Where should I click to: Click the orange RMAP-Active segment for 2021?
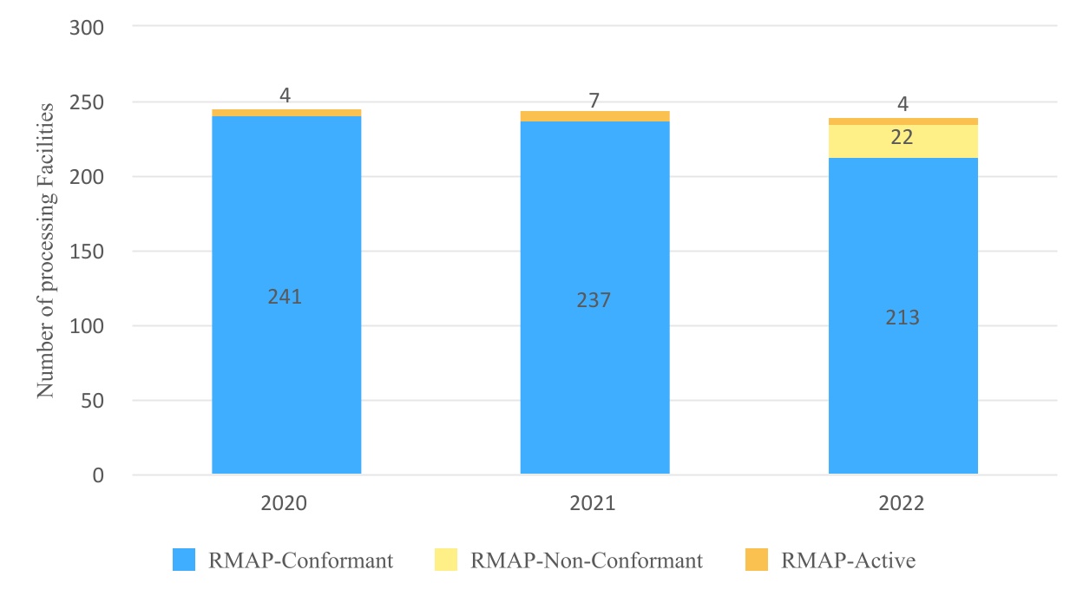click(594, 116)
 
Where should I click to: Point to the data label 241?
click(285, 297)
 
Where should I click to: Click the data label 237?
click(594, 300)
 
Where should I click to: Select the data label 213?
click(902, 318)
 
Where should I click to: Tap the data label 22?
click(902, 137)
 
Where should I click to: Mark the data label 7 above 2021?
click(594, 101)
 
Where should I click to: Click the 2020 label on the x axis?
click(286, 504)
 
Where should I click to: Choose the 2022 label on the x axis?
click(902, 504)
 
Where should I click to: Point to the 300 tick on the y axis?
click(86, 27)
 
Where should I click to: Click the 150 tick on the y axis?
click(86, 252)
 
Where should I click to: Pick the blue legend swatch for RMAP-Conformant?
click(184, 560)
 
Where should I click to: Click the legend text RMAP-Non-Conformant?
click(587, 560)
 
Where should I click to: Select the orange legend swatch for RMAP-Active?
click(756, 560)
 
